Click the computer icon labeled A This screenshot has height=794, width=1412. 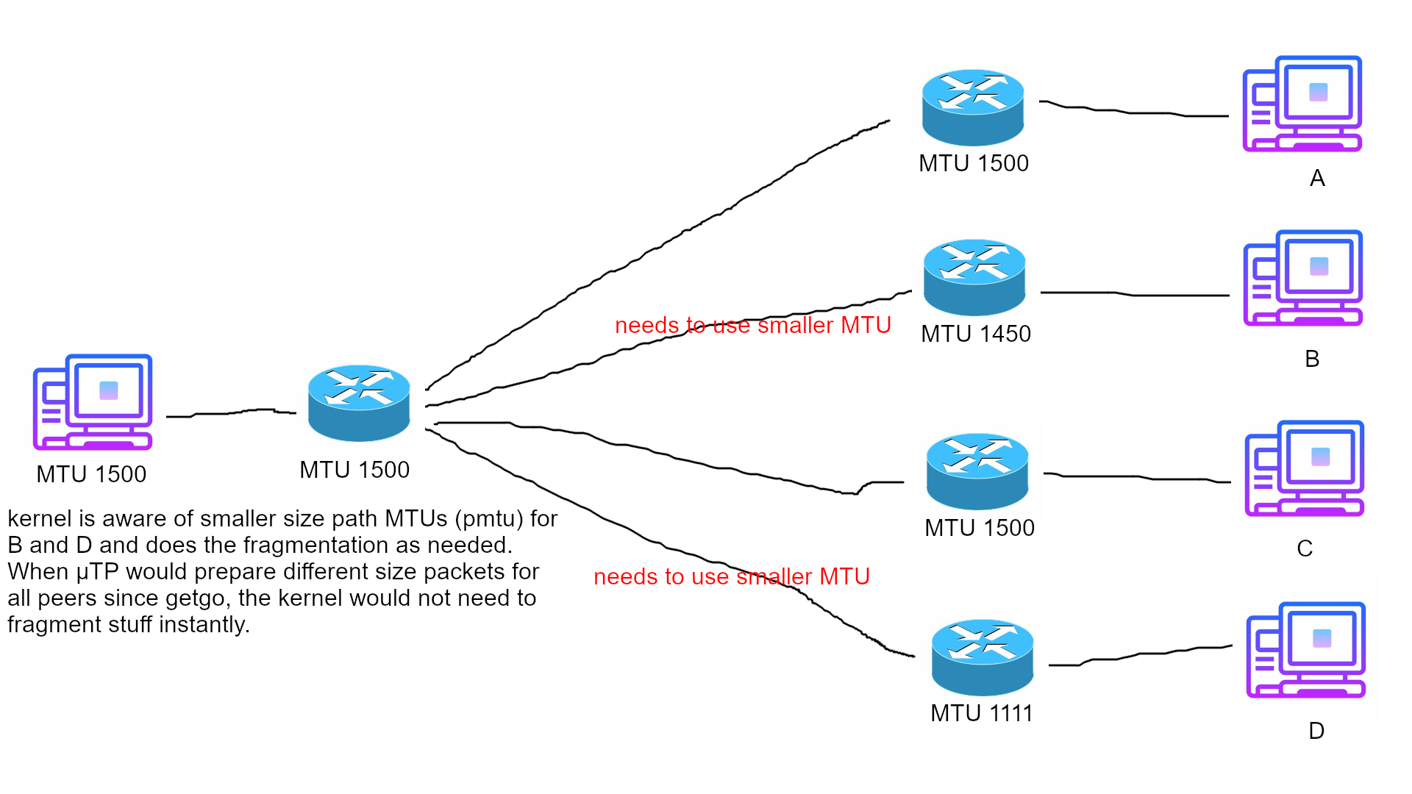[x=1302, y=104]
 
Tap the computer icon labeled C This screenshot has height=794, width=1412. [x=1304, y=468]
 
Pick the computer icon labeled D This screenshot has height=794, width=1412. [x=1305, y=650]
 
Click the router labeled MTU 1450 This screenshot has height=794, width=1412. [x=974, y=277]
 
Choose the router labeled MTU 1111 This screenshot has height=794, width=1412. [x=982, y=657]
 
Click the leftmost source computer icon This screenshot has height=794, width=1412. [x=93, y=402]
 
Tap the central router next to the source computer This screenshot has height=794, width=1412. [x=358, y=403]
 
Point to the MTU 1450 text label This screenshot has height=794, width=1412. [x=975, y=334]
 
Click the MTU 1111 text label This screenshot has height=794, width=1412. [x=981, y=713]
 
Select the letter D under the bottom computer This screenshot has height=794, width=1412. [x=1316, y=731]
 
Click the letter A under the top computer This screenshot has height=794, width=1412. [x=1317, y=179]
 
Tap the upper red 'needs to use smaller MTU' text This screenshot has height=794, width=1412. [x=752, y=325]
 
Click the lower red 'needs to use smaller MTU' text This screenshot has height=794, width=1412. [x=731, y=576]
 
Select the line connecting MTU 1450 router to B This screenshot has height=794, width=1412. [x=1133, y=294]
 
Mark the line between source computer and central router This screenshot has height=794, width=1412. [x=228, y=413]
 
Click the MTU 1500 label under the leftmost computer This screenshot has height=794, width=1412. [x=91, y=474]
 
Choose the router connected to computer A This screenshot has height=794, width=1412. [x=972, y=107]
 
